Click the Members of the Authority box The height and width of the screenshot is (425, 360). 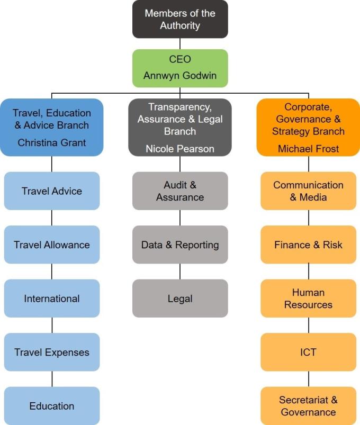[x=180, y=19]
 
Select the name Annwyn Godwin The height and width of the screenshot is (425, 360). [x=180, y=76]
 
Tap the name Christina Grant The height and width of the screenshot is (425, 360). [x=52, y=142]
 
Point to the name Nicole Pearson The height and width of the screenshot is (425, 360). [x=180, y=149]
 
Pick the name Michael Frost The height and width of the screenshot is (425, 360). [x=309, y=149]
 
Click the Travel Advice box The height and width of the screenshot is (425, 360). [x=52, y=191]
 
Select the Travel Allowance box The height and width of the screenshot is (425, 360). [x=52, y=245]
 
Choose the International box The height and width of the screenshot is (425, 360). [x=52, y=299]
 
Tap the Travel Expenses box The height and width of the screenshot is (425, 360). [x=52, y=352]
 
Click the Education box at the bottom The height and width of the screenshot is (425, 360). [x=52, y=406]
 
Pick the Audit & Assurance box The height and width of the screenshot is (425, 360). [x=180, y=191]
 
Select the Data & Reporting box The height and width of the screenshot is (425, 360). [x=180, y=245]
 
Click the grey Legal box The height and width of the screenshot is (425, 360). [x=180, y=299]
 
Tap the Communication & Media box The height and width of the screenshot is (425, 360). [x=309, y=191]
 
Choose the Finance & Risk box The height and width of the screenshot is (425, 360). [x=309, y=245]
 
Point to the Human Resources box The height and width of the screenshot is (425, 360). [x=309, y=299]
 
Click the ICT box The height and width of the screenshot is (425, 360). [x=309, y=352]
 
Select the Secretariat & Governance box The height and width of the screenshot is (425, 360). [x=309, y=406]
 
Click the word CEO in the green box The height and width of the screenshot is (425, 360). [x=180, y=59]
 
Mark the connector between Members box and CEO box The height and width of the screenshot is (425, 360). [x=180, y=43]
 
